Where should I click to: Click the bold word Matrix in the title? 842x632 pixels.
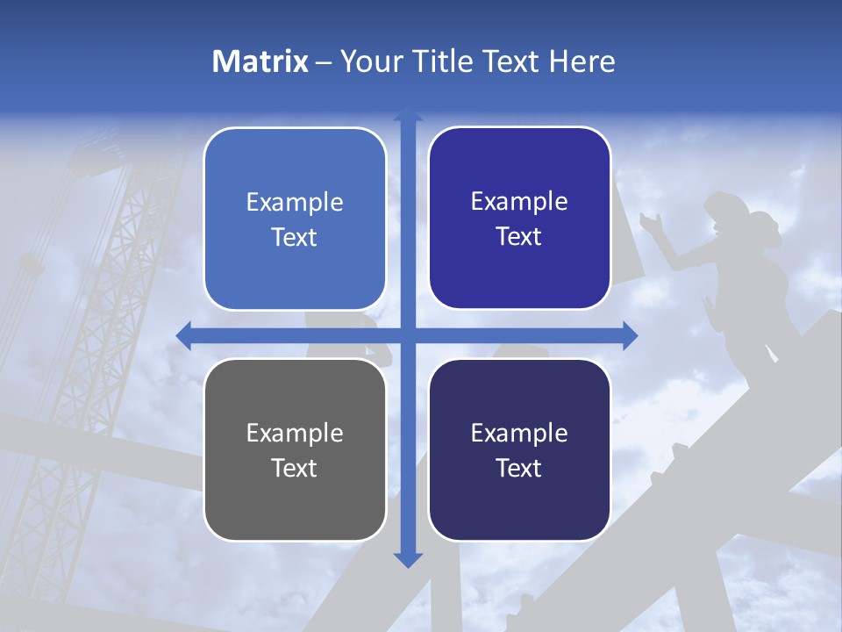click(x=260, y=61)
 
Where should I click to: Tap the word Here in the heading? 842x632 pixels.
click(x=582, y=61)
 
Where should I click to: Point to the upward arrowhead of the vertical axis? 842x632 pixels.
click(x=408, y=113)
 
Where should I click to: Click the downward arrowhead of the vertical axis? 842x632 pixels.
click(x=408, y=559)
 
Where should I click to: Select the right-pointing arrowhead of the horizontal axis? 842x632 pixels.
click(x=630, y=336)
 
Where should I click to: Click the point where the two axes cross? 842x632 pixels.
click(x=408, y=336)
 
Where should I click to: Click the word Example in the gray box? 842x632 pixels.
click(x=295, y=434)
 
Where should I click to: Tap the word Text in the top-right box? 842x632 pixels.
click(x=518, y=237)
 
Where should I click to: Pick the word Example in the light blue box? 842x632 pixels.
click(x=295, y=203)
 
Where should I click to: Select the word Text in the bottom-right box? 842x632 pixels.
click(x=518, y=469)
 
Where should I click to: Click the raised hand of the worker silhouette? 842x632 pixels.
click(x=648, y=220)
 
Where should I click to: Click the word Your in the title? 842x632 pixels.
click(x=369, y=61)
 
